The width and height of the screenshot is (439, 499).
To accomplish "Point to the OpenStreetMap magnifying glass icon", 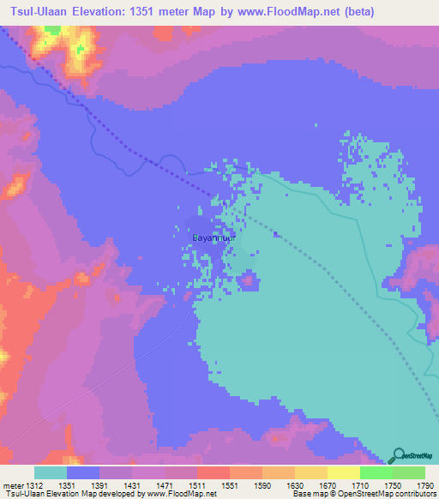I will [398, 456].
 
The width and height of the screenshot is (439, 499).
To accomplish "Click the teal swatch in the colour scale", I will [50, 472].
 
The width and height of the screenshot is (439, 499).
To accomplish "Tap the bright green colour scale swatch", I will [376, 472].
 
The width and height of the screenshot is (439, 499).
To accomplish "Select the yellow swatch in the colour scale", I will [343, 472].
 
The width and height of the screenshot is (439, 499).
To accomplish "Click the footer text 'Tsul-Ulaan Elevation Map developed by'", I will [64, 495].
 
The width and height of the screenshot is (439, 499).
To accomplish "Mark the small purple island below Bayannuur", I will [249, 280].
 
